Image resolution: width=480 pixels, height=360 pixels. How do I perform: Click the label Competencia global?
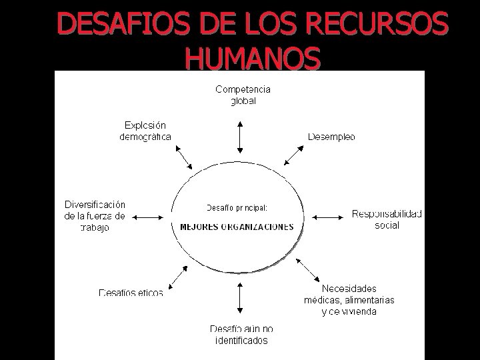coord(243,95)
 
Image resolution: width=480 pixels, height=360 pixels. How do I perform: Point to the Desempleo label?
coord(331,137)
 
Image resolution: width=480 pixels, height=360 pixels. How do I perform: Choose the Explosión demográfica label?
coord(145,131)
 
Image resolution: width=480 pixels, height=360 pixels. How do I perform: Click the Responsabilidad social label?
coord(387,219)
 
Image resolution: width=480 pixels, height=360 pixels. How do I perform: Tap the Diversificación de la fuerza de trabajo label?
coord(95,215)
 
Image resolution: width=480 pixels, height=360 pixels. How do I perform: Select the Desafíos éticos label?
coord(131,292)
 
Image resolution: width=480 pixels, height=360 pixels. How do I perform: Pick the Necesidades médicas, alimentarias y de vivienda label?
coord(349,300)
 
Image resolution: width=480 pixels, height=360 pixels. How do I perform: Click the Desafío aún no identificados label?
coord(241,335)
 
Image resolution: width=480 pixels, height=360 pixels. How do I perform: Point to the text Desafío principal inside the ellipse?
coord(237,207)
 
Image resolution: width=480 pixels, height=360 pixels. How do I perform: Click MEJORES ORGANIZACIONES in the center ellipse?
coord(237,227)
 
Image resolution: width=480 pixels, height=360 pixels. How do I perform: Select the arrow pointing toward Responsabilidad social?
coord(327,216)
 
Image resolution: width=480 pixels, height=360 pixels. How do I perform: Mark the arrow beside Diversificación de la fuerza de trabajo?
coord(148,216)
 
